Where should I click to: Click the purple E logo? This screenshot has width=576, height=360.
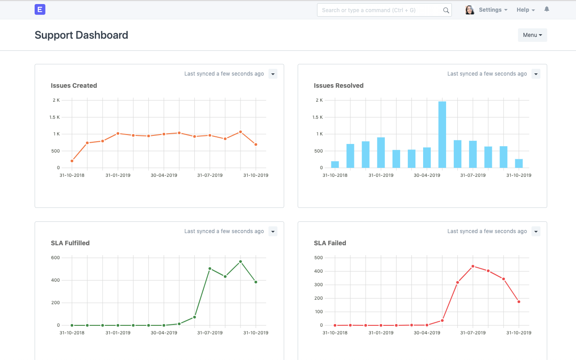click(40, 9)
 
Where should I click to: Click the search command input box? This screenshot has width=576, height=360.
click(380, 10)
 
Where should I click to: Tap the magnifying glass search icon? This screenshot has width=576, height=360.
click(446, 10)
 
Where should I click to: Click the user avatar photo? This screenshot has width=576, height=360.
click(470, 10)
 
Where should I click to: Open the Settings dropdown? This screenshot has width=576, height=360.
click(493, 10)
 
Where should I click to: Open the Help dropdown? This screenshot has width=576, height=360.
click(525, 10)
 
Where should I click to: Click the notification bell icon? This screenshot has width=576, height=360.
click(547, 9)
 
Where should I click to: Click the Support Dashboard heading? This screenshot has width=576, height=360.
click(81, 35)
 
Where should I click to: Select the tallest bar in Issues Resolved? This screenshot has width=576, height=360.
click(442, 135)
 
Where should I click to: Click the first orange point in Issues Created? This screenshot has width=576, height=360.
click(72, 161)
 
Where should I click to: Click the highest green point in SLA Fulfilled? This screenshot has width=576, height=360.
click(241, 261)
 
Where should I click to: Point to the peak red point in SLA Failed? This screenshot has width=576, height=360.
click(473, 266)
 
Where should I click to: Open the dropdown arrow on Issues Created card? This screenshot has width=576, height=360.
click(272, 74)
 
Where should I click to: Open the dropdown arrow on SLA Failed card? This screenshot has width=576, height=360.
click(536, 231)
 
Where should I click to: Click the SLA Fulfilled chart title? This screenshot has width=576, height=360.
click(70, 243)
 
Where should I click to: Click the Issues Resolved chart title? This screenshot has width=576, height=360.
click(339, 85)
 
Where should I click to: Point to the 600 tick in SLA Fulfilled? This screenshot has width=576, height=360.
click(55, 258)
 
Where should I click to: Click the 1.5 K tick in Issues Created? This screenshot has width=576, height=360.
click(54, 117)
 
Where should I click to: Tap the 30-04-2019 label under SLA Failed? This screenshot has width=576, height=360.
click(427, 333)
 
